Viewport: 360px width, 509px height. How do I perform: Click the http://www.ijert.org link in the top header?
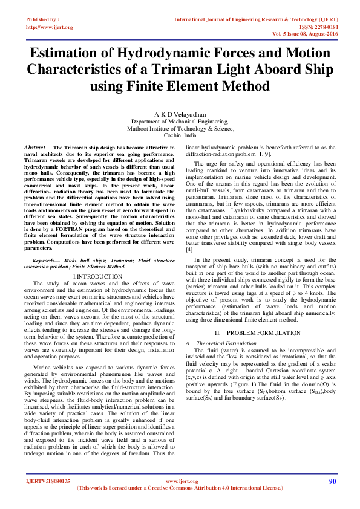[x=49, y=27]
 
